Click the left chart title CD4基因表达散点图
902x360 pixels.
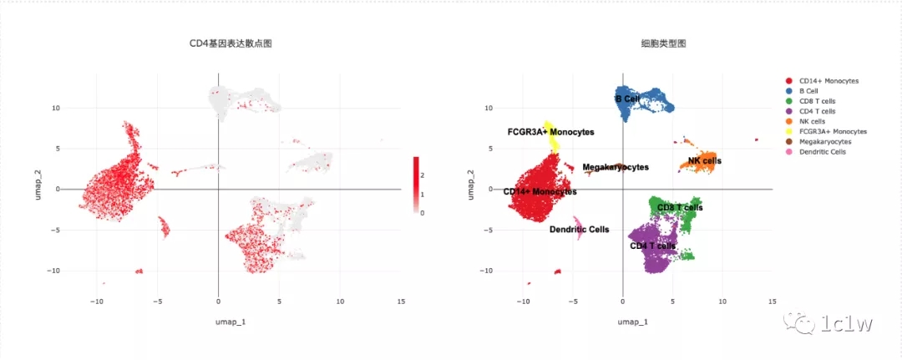(230, 43)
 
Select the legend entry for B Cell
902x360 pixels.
(808, 91)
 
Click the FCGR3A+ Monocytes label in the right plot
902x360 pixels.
(550, 132)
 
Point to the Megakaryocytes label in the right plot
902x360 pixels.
(616, 167)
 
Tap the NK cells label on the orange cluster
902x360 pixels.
(704, 160)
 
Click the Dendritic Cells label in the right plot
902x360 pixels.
(579, 229)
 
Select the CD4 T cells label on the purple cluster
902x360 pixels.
(652, 246)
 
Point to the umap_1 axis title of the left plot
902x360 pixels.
(219, 322)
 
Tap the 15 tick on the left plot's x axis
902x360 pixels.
(401, 302)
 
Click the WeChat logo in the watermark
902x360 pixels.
(791, 321)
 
